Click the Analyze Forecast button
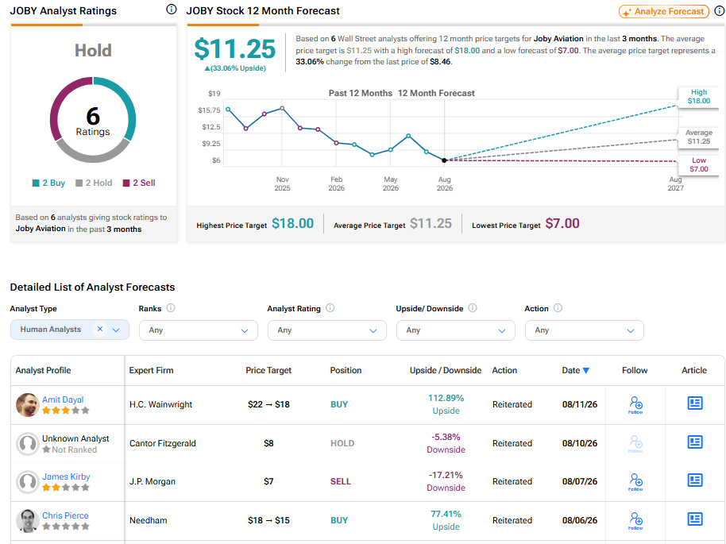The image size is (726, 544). pyautogui.click(x=663, y=12)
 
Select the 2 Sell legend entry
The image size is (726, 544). pyautogui.click(x=139, y=183)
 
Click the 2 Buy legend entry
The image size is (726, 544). pyautogui.click(x=48, y=183)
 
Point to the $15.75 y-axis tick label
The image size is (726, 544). pyautogui.click(x=209, y=110)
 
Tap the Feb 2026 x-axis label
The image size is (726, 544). pyautogui.click(x=337, y=183)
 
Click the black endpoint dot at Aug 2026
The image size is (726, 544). pyautogui.click(x=445, y=160)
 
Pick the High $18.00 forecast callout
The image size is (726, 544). pyautogui.click(x=699, y=96)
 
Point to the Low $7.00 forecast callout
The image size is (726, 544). pyautogui.click(x=699, y=165)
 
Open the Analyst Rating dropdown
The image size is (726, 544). pyautogui.click(x=327, y=330)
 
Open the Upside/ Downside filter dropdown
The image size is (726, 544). pyautogui.click(x=456, y=330)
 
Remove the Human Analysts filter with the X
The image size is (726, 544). pyautogui.click(x=100, y=329)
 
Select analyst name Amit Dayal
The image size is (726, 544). pyautogui.click(x=63, y=399)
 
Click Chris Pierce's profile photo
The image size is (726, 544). pyautogui.click(x=28, y=520)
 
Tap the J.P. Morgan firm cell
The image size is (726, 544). pyautogui.click(x=153, y=481)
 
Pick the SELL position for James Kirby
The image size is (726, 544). pyautogui.click(x=340, y=481)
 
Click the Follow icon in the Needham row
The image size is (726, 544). pyautogui.click(x=635, y=520)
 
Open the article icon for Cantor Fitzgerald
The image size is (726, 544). pyautogui.click(x=695, y=442)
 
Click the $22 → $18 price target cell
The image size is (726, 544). pyautogui.click(x=268, y=404)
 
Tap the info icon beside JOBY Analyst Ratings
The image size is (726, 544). pyautogui.click(x=172, y=10)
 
